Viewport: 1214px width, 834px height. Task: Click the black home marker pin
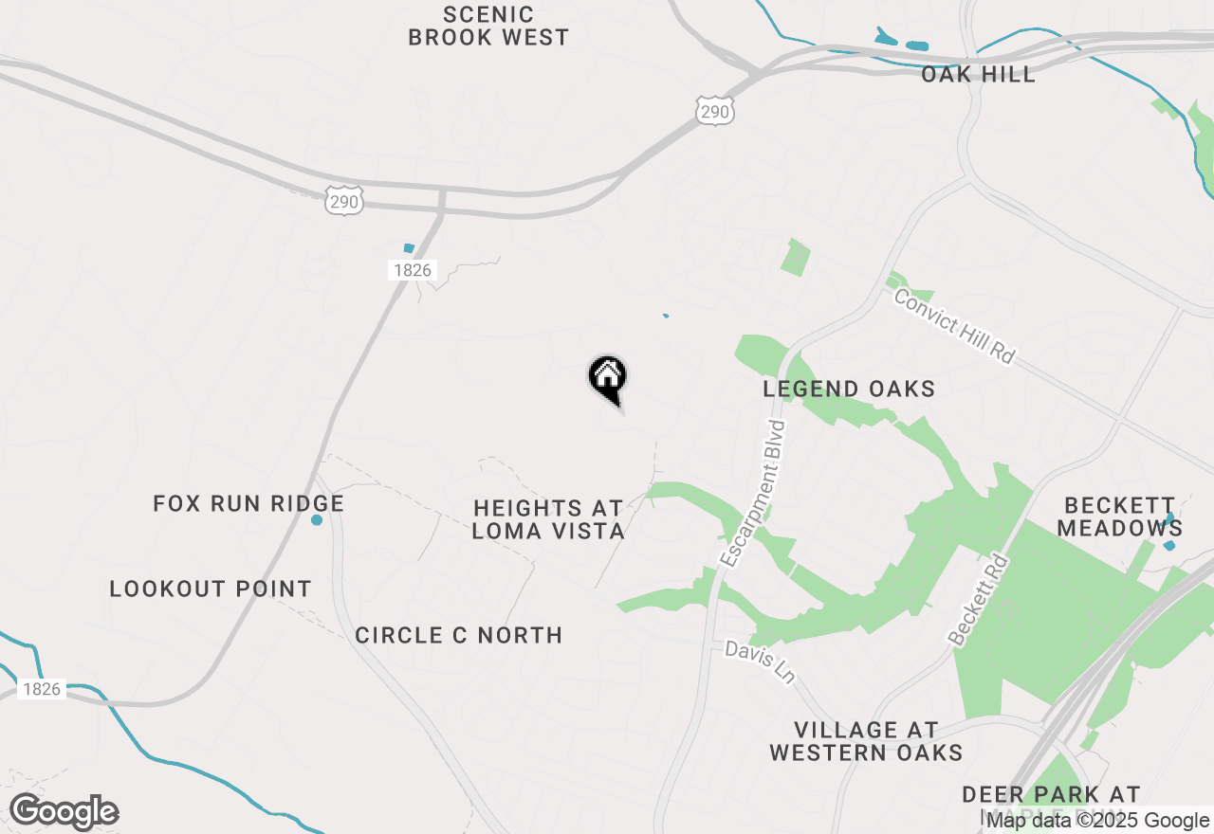pyautogui.click(x=608, y=378)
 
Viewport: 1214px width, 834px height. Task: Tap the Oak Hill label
pyautogui.click(x=978, y=74)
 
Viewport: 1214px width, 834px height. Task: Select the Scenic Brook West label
pyautogui.click(x=488, y=27)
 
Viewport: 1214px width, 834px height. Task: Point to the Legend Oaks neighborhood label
pyautogui.click(x=849, y=389)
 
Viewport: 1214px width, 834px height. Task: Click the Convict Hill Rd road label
pyautogui.click(x=954, y=324)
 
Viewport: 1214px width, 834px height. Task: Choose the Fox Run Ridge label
pyautogui.click(x=248, y=503)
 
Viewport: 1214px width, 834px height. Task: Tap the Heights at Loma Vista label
pyautogui.click(x=548, y=520)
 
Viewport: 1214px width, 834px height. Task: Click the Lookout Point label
pyautogui.click(x=211, y=589)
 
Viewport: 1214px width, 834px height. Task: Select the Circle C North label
pyautogui.click(x=459, y=635)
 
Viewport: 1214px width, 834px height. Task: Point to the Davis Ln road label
pyautogui.click(x=760, y=662)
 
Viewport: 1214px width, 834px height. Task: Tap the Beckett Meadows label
pyautogui.click(x=1119, y=517)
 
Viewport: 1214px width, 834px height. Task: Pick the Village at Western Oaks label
pyautogui.click(x=866, y=741)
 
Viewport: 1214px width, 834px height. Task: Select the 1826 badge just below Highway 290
pyautogui.click(x=412, y=270)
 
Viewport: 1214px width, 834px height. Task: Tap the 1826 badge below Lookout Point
pyautogui.click(x=42, y=689)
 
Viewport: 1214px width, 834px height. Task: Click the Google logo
pyautogui.click(x=64, y=812)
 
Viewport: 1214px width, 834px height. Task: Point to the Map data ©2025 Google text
pyautogui.click(x=1098, y=821)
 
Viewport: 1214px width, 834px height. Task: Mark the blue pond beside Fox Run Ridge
pyautogui.click(x=317, y=520)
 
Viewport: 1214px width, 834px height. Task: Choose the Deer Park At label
pyautogui.click(x=1051, y=794)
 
